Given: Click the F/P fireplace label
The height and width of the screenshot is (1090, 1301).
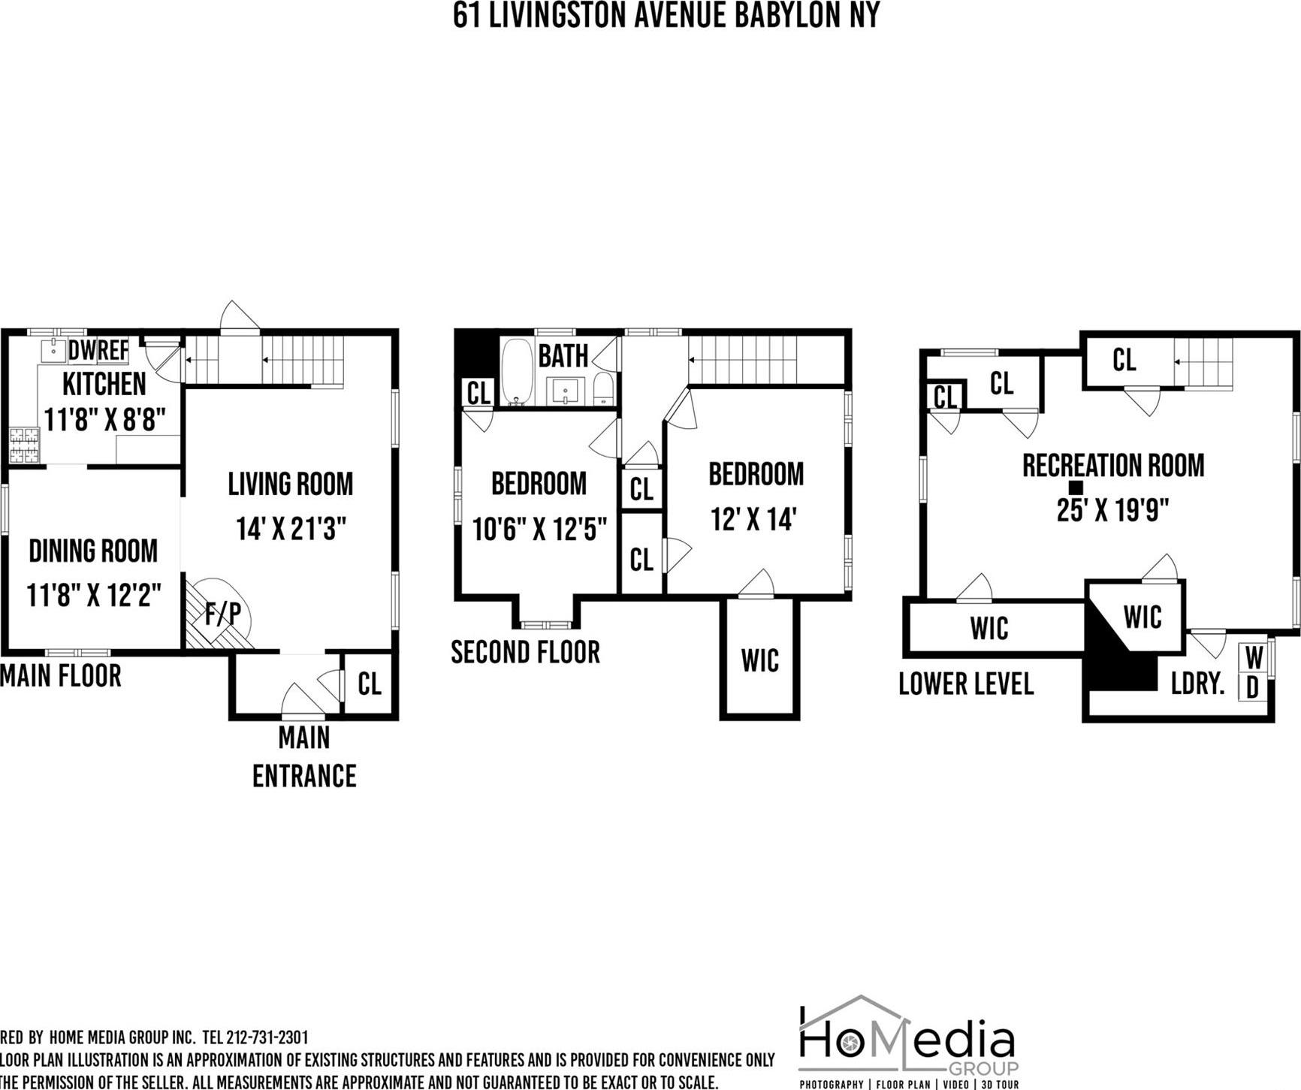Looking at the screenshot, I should pyautogui.click(x=224, y=614).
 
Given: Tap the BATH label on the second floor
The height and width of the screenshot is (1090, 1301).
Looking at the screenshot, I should pyautogui.click(x=563, y=356).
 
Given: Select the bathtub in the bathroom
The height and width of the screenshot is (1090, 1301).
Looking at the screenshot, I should pyautogui.click(x=516, y=372).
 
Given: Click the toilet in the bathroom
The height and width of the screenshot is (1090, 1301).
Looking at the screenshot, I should pyautogui.click(x=603, y=389).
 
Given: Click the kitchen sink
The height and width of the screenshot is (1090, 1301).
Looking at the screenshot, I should pyautogui.click(x=53, y=350).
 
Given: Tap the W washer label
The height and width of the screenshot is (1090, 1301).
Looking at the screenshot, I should pyautogui.click(x=1253, y=658).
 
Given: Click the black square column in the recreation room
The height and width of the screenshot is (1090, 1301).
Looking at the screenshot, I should pyautogui.click(x=1076, y=488).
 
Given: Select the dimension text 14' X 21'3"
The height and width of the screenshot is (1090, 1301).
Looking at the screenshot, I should pyautogui.click(x=291, y=529).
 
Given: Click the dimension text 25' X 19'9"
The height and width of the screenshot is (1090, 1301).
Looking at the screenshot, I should pyautogui.click(x=1112, y=511).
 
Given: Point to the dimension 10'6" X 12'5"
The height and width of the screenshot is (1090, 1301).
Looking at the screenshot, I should pyautogui.click(x=539, y=529).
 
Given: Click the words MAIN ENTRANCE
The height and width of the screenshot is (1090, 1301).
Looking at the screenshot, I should pyautogui.click(x=304, y=756).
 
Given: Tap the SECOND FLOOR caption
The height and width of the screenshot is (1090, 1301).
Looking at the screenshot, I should pyautogui.click(x=525, y=652).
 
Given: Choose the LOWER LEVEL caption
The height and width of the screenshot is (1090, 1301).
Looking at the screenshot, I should pyautogui.click(x=966, y=684).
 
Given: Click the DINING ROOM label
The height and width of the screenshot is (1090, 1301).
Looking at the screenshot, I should pyautogui.click(x=93, y=551).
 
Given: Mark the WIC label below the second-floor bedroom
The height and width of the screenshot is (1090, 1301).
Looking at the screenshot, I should pyautogui.click(x=759, y=660).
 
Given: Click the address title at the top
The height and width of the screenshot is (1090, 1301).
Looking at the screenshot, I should pyautogui.click(x=666, y=16).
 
